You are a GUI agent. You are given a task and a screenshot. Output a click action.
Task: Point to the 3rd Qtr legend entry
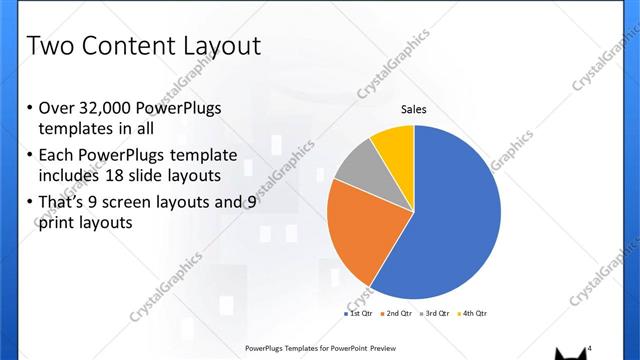point(436,314)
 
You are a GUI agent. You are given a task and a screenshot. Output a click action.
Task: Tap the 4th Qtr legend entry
point(473,314)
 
